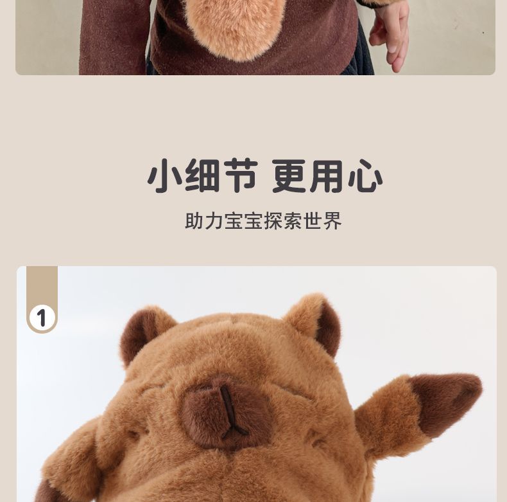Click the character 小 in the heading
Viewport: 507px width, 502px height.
(164, 176)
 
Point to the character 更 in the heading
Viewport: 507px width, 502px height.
(289, 176)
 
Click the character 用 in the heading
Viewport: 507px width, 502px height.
(326, 176)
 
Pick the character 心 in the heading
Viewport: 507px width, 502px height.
(365, 176)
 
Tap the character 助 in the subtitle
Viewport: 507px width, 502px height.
(194, 221)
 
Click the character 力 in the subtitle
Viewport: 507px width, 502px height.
(214, 221)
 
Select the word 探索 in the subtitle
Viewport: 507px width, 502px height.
(283, 221)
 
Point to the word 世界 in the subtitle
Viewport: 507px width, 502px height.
(323, 221)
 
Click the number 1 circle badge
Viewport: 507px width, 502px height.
(42, 318)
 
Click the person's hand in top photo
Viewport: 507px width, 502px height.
(389, 34)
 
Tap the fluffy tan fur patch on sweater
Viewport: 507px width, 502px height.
(234, 26)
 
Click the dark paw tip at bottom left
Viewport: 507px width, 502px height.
(46, 492)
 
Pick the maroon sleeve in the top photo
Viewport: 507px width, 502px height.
(112, 37)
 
